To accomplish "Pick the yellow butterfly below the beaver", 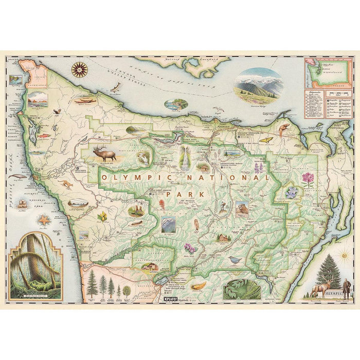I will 267,139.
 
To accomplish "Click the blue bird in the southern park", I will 235,259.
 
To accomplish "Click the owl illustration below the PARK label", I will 196,224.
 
